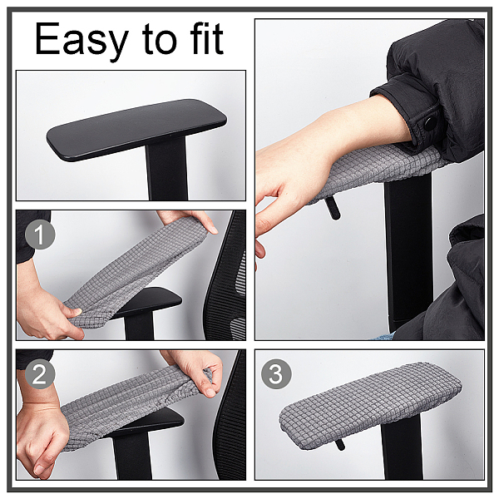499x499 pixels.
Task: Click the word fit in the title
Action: click(206, 38)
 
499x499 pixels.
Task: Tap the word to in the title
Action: click(159, 40)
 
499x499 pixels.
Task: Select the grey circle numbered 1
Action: click(40, 234)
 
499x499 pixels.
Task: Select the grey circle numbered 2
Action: click(40, 374)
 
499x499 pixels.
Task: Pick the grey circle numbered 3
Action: click(276, 374)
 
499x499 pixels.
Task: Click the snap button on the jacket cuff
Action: click(430, 123)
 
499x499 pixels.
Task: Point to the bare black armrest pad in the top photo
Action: click(136, 129)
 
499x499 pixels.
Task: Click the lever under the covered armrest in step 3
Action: click(340, 444)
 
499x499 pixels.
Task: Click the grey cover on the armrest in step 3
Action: click(370, 406)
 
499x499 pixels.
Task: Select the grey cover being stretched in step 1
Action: click(133, 273)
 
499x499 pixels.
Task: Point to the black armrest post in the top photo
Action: click(167, 169)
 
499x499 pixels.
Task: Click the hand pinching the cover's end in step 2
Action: click(196, 373)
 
